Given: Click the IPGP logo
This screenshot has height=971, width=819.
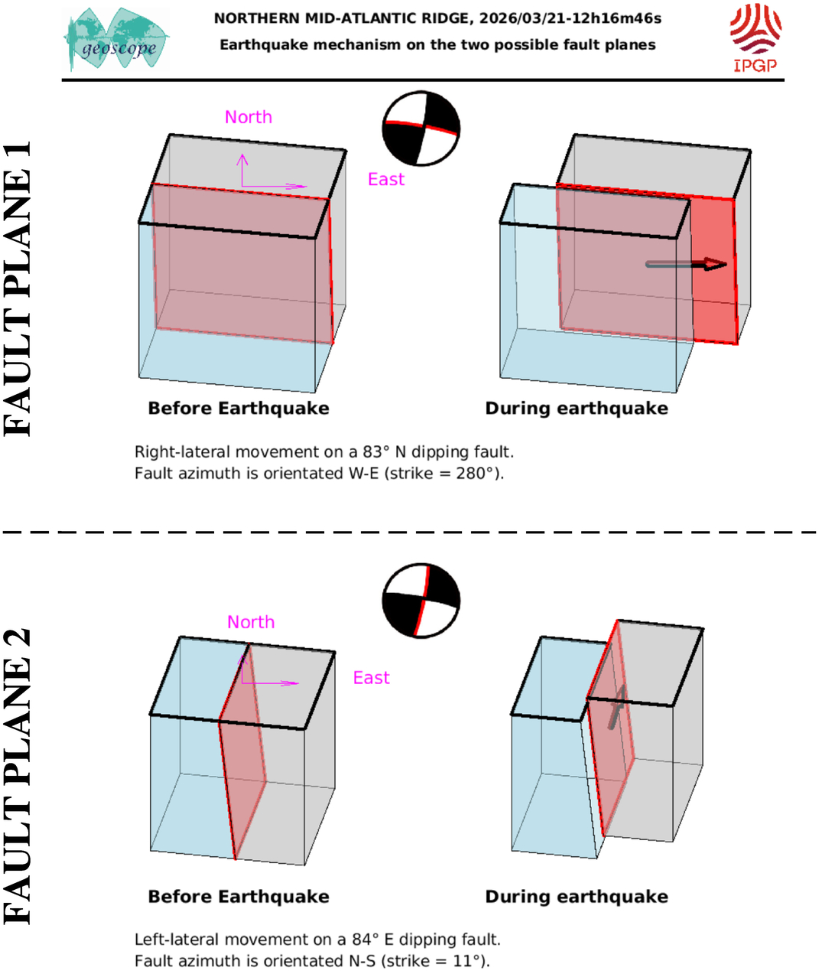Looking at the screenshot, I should pos(755,37).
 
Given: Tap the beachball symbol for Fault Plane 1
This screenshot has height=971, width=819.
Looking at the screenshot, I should pos(421,129).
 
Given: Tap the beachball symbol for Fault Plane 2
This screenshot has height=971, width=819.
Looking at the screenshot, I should pos(421,601).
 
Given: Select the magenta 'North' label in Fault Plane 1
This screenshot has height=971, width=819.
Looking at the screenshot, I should pos(249,117).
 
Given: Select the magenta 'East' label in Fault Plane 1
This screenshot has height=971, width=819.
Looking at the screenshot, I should pos(385,179).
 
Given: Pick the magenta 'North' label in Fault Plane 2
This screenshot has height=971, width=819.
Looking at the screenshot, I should pos(251,622).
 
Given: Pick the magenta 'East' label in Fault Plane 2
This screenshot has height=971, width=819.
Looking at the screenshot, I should pos(371,678).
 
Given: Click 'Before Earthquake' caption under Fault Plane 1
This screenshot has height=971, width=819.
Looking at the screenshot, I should pos(239,409).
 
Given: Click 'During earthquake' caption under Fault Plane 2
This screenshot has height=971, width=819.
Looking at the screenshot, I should pos(577,897).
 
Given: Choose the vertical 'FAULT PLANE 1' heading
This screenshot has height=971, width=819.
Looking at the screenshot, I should pos(19,289).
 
